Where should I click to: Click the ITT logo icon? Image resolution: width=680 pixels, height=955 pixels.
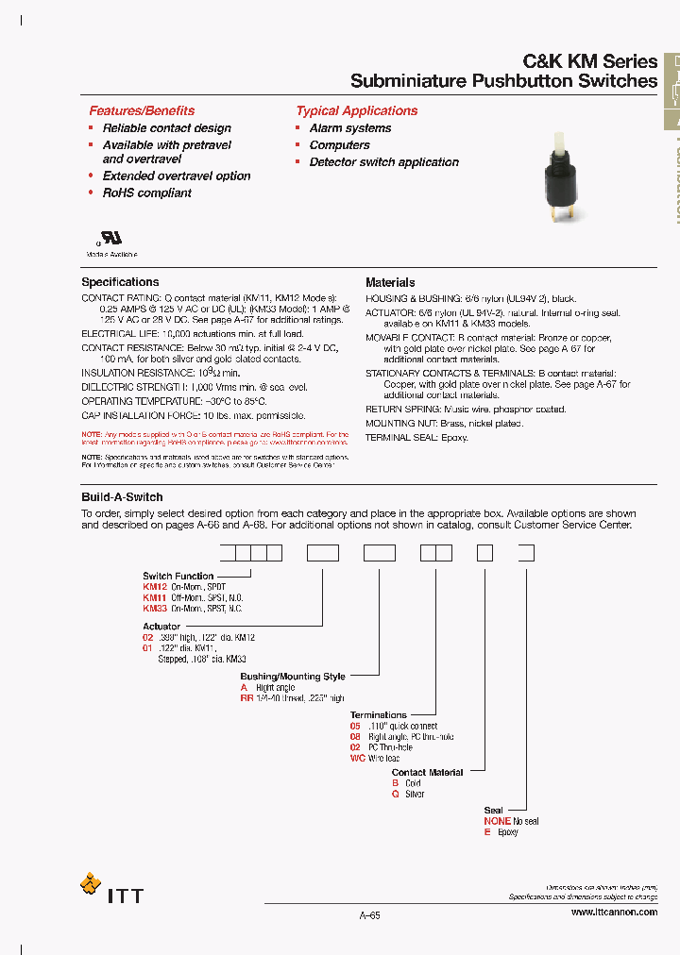[91, 886]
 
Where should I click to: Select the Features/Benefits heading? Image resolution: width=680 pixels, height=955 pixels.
[142, 110]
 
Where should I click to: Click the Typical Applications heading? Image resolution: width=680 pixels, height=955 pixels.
[356, 110]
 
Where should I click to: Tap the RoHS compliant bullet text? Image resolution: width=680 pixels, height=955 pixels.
[146, 193]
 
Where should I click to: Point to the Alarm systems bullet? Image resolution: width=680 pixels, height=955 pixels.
[349, 128]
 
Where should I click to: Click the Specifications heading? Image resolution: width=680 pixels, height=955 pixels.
[120, 282]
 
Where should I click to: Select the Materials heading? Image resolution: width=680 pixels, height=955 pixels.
[390, 282]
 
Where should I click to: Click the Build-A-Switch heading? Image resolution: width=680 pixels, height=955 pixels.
[122, 497]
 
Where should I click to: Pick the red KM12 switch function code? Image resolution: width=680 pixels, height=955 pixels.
[155, 587]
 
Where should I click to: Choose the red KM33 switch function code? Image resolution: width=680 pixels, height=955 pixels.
[155, 609]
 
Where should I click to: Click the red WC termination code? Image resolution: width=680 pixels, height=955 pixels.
[357, 759]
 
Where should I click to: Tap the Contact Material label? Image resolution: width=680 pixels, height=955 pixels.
[427, 772]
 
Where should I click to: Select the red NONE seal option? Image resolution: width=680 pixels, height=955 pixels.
[497, 821]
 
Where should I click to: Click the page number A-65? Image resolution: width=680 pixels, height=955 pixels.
[369, 914]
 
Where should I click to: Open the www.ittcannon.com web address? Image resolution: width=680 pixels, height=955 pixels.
[614, 913]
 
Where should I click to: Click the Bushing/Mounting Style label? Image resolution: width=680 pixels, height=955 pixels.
[293, 677]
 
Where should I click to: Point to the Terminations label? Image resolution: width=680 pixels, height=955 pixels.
[378, 715]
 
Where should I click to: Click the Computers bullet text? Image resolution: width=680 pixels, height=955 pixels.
[339, 145]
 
